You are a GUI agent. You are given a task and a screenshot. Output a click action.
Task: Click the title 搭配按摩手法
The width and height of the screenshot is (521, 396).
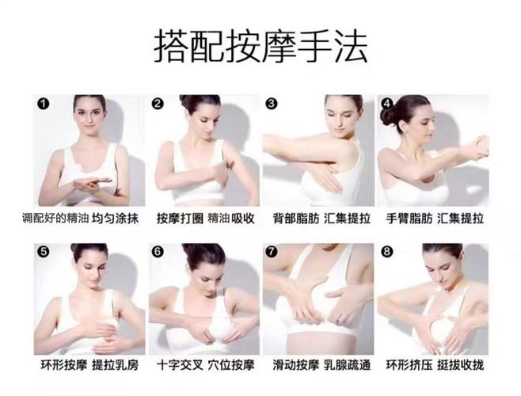pyautogui.click(x=260, y=46)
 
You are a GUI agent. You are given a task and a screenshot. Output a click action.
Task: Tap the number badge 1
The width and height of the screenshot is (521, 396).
pyautogui.click(x=43, y=103)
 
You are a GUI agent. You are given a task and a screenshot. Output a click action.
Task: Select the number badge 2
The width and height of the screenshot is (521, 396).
pyautogui.click(x=158, y=104)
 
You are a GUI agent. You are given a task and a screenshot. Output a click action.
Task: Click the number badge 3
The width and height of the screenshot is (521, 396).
pyautogui.click(x=272, y=103)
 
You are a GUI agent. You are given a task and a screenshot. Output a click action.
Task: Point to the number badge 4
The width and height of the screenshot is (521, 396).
pyautogui.click(x=386, y=103)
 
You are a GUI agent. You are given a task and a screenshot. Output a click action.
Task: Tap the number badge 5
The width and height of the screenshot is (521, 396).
pyautogui.click(x=43, y=251)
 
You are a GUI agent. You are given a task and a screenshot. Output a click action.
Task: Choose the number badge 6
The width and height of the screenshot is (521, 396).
pyautogui.click(x=158, y=251)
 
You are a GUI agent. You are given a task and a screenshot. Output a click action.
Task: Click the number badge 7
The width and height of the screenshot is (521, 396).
pyautogui.click(x=272, y=251)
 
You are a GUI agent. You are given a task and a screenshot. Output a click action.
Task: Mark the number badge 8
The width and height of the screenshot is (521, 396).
pyautogui.click(x=386, y=251)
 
